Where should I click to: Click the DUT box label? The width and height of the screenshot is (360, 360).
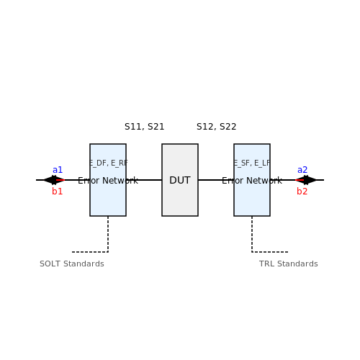click(x=180, y=180)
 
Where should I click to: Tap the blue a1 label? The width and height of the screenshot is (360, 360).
click(x=58, y=170)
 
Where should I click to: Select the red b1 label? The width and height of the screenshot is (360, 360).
click(x=58, y=192)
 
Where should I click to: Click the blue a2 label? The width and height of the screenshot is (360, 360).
click(x=302, y=170)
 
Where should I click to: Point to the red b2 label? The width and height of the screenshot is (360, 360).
click(x=302, y=192)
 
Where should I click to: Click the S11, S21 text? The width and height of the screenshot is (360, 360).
click(x=145, y=127)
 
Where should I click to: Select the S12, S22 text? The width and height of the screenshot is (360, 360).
click(x=217, y=127)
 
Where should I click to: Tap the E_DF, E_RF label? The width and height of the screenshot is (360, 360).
click(x=109, y=163)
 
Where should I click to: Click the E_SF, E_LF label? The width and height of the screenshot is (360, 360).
click(x=252, y=163)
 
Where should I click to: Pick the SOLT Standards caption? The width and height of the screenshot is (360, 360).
click(x=72, y=264)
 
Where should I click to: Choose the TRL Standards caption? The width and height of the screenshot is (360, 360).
click(x=289, y=264)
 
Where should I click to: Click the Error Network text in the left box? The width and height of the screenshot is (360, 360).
click(x=108, y=181)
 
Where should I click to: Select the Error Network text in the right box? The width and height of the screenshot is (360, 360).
click(x=252, y=181)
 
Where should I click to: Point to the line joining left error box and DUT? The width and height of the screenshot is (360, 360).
click(x=144, y=180)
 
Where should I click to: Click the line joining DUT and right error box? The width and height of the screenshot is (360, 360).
click(x=216, y=180)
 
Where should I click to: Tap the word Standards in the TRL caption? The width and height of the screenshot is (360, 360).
click(x=297, y=264)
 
